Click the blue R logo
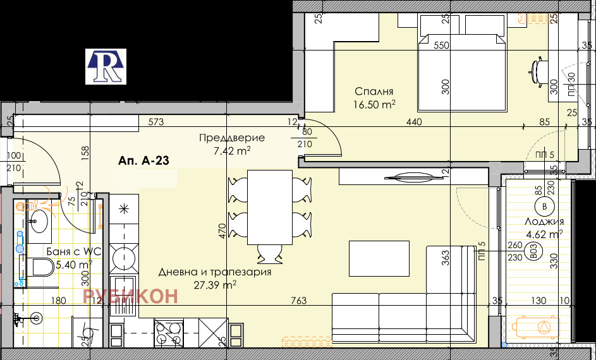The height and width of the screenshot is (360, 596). pyautogui.click(x=106, y=66)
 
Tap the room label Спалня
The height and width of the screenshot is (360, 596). pyautogui.click(x=374, y=91)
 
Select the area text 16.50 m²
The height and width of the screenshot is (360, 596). pyautogui.click(x=375, y=104)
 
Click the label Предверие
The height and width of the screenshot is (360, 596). pyautogui.click(x=231, y=138)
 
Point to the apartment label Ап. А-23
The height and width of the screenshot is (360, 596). pyautogui.click(x=143, y=162)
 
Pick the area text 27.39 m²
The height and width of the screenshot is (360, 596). pyautogui.click(x=216, y=285)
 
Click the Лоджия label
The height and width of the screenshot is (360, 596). pyautogui.click(x=544, y=222)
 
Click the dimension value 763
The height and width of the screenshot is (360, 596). pyautogui.click(x=300, y=301)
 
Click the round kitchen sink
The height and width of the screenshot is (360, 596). pyautogui.click(x=123, y=258)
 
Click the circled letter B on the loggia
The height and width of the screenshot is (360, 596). pyautogui.click(x=544, y=206)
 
